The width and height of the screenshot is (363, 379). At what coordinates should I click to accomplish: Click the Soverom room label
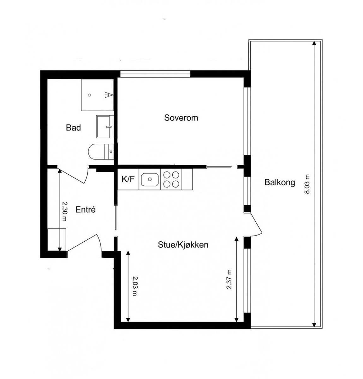coord(181,118)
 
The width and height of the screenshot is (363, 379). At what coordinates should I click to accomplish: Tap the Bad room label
coord(73,128)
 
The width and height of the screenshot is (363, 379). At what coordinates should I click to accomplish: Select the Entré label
coord(86,210)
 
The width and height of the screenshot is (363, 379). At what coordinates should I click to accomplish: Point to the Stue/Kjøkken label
coord(183,245)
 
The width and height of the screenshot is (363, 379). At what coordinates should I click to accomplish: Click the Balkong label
coord(280,183)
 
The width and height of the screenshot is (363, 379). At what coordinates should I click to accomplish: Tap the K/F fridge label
coord(128,179)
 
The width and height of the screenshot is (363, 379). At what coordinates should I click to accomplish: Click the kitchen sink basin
coord(150,179)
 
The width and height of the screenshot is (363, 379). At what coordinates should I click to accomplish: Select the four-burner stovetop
coord(171,179)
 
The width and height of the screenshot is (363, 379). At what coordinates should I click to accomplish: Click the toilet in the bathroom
coord(101,152)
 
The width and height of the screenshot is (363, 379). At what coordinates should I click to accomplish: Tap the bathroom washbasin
coord(105,127)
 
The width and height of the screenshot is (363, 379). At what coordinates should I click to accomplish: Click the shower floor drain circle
coord(89,95)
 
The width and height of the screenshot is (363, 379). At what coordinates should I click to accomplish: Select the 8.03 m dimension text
coord(307,184)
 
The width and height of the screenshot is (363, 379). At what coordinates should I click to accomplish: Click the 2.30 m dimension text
coord(64,212)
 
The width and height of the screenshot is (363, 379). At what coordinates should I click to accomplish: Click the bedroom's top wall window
coord(155,74)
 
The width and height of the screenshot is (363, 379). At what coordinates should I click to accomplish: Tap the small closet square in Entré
coord(57,240)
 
